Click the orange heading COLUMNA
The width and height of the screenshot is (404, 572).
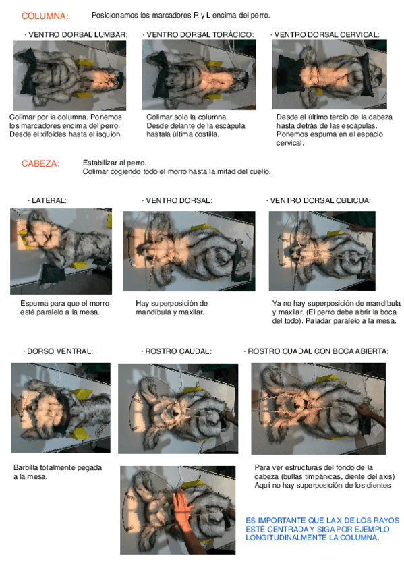45,16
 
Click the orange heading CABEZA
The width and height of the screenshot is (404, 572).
40,163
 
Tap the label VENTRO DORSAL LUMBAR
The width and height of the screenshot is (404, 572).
78,34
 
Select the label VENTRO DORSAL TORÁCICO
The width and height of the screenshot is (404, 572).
200,34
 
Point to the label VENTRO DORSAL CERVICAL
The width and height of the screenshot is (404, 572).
327,34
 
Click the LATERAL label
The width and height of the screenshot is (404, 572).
49,200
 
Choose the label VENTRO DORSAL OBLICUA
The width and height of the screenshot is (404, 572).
320,200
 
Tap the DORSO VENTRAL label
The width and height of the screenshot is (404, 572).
60,351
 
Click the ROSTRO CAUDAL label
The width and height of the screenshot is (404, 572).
178,351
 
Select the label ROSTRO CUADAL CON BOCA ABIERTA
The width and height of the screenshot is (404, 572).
318,351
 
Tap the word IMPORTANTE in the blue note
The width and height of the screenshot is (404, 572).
281,520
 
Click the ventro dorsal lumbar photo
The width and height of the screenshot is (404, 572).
69,75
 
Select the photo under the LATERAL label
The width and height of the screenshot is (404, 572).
61,252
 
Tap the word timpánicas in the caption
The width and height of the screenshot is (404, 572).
326,476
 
